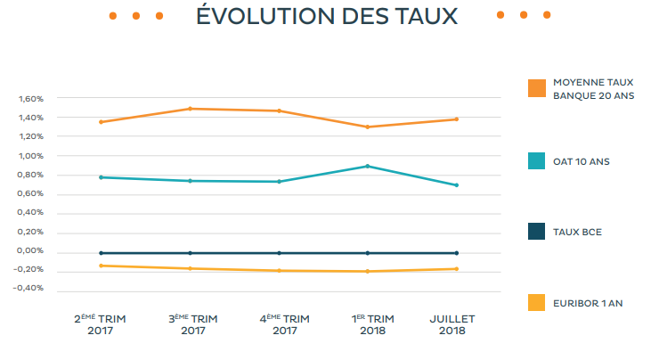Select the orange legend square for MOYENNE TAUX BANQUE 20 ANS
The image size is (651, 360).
[x=536, y=87]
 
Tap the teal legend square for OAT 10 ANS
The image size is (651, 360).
[x=536, y=160]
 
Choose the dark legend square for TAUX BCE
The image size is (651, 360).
[x=536, y=232]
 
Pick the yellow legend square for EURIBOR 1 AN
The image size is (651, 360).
[x=536, y=303]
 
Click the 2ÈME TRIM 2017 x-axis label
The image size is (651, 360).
[x=101, y=324]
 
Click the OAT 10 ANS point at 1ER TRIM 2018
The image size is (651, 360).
[x=367, y=166]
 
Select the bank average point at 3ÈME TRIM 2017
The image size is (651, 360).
[x=190, y=109]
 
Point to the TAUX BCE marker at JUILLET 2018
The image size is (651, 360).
[x=456, y=253]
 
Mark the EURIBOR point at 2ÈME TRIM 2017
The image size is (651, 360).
[x=101, y=266]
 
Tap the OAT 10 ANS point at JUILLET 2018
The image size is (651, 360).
[x=456, y=185]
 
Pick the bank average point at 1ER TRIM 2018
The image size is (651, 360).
[x=367, y=127]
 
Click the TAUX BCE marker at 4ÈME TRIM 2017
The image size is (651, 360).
[x=279, y=253]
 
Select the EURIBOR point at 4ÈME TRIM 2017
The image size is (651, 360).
[x=279, y=270]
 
